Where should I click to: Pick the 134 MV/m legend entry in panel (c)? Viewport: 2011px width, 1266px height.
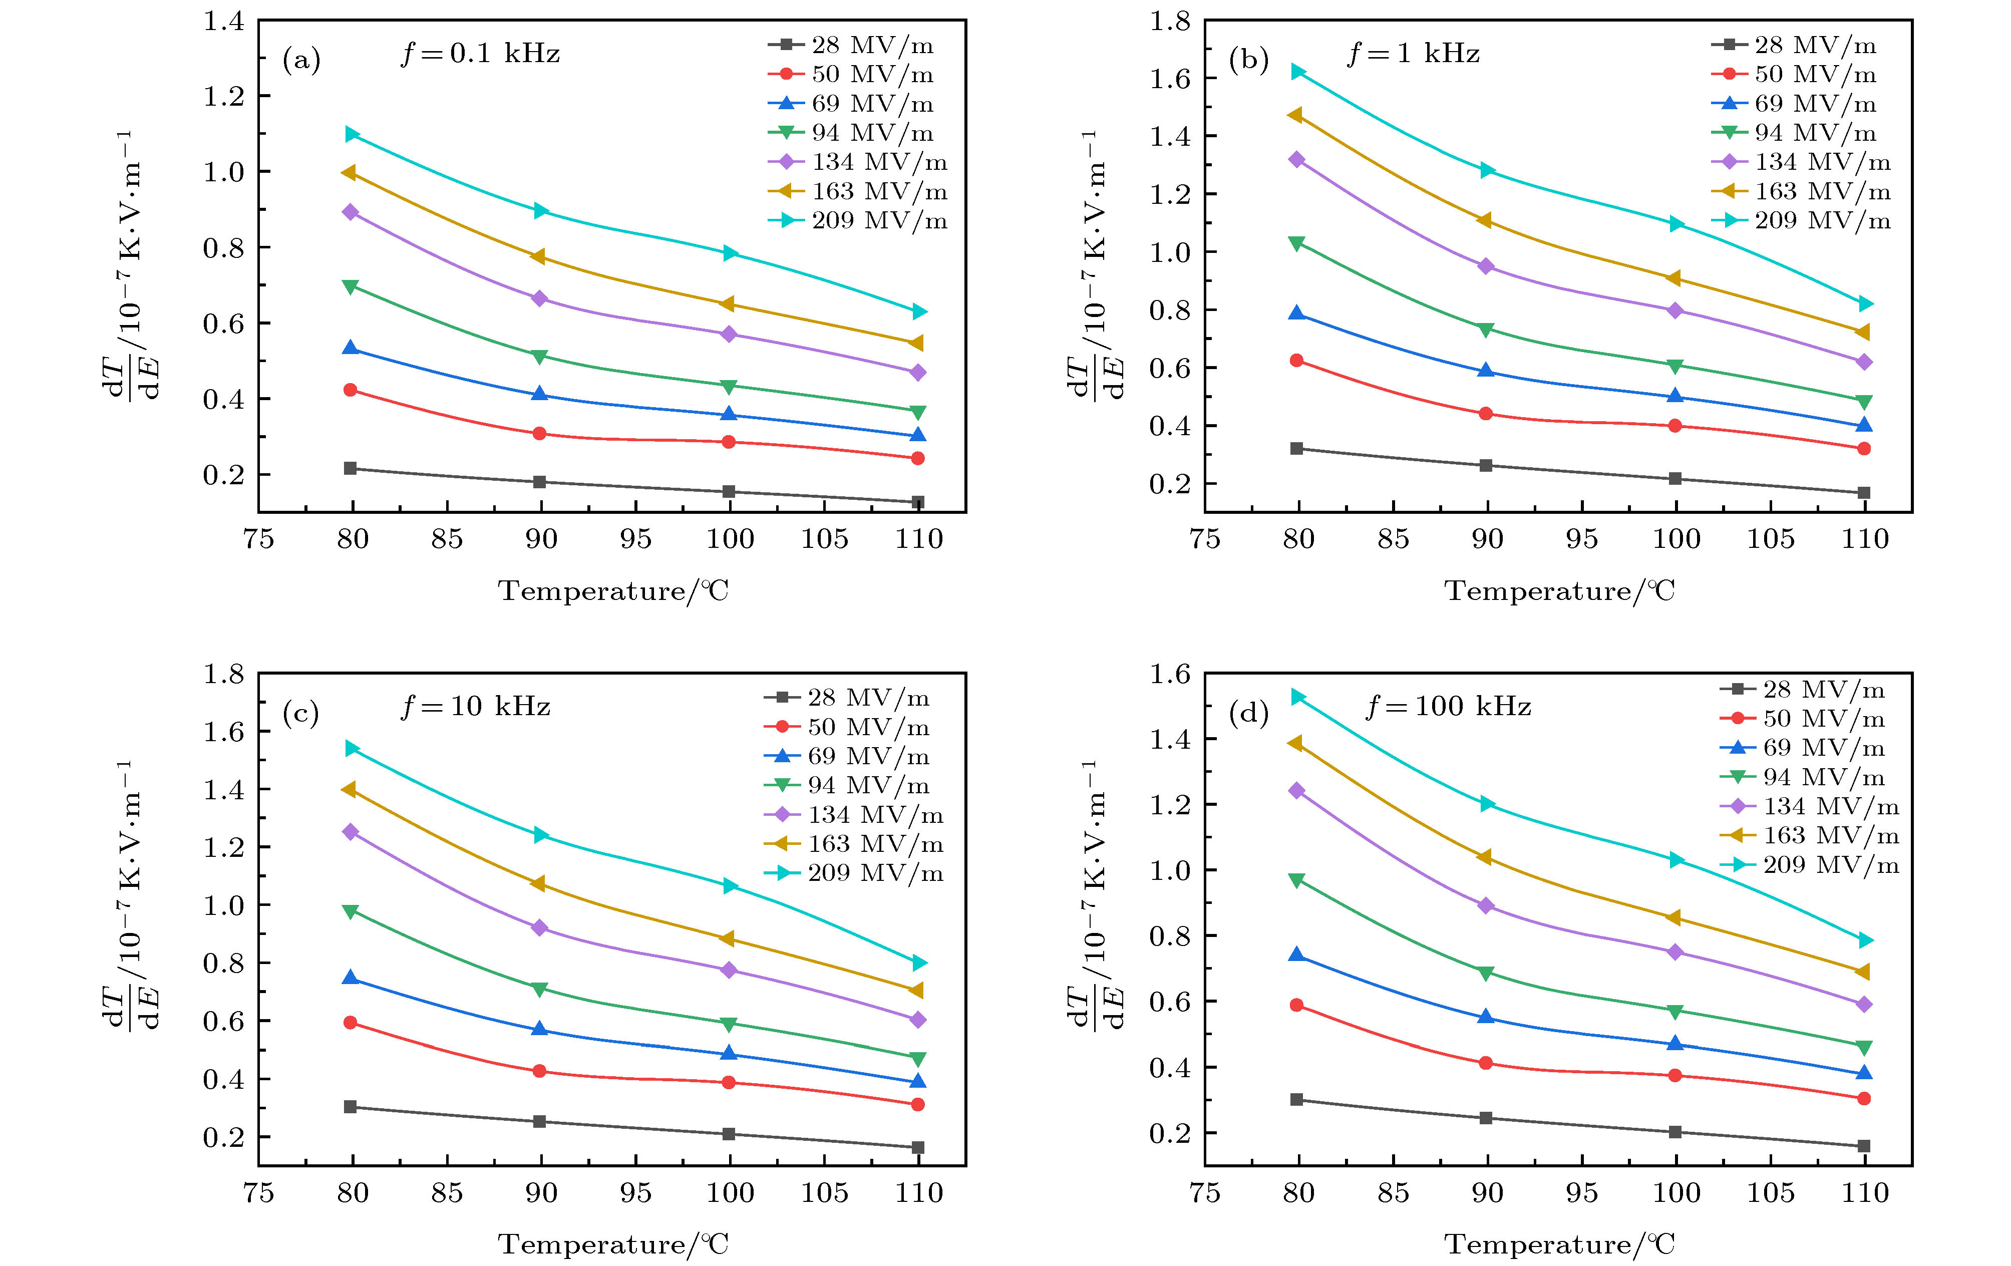[856, 815]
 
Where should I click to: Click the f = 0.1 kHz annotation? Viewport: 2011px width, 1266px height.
[480, 54]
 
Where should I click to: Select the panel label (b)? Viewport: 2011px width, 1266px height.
[1248, 60]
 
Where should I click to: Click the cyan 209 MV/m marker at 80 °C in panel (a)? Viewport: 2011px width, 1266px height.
[352, 134]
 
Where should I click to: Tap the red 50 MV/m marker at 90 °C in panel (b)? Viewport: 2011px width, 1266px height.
[1486, 413]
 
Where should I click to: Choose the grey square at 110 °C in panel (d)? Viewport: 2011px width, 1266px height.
[1864, 1146]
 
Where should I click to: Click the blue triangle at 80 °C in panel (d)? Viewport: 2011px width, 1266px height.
[1297, 955]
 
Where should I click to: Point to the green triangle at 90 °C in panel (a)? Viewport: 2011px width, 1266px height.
[539, 357]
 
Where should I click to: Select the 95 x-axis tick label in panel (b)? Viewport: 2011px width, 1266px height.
[1582, 539]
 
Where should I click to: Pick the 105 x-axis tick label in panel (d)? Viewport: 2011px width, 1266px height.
[1771, 1192]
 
